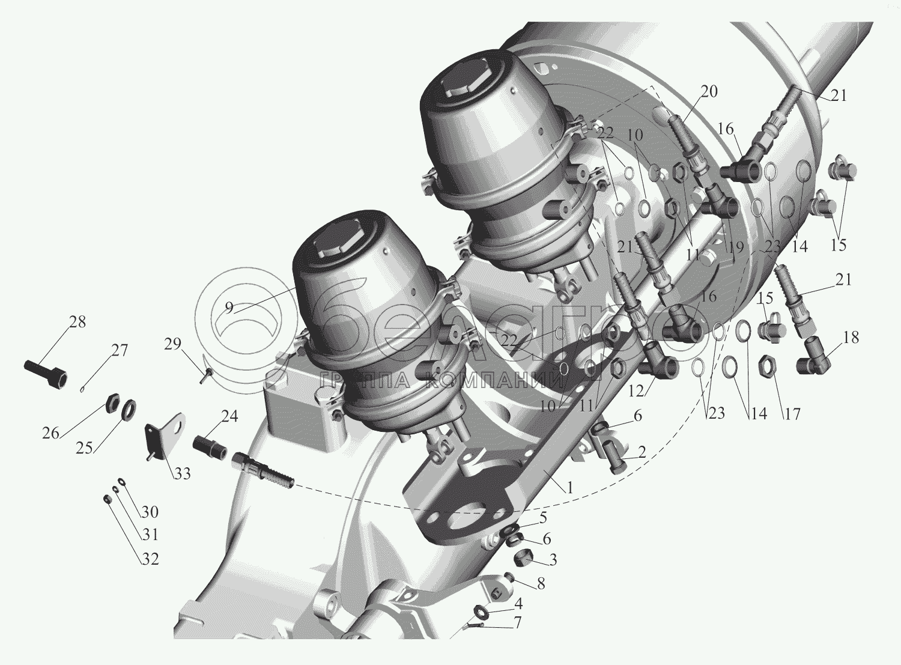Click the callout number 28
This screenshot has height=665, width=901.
(x=77, y=322)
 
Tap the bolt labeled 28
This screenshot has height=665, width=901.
(x=45, y=374)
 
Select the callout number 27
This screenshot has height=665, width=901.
(x=120, y=350)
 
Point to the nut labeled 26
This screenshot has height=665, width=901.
(x=112, y=403)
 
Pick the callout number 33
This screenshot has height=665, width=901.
(x=182, y=473)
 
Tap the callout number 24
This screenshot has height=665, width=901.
(x=229, y=416)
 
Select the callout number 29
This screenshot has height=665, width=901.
(x=172, y=344)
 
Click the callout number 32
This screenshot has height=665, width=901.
(x=150, y=559)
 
